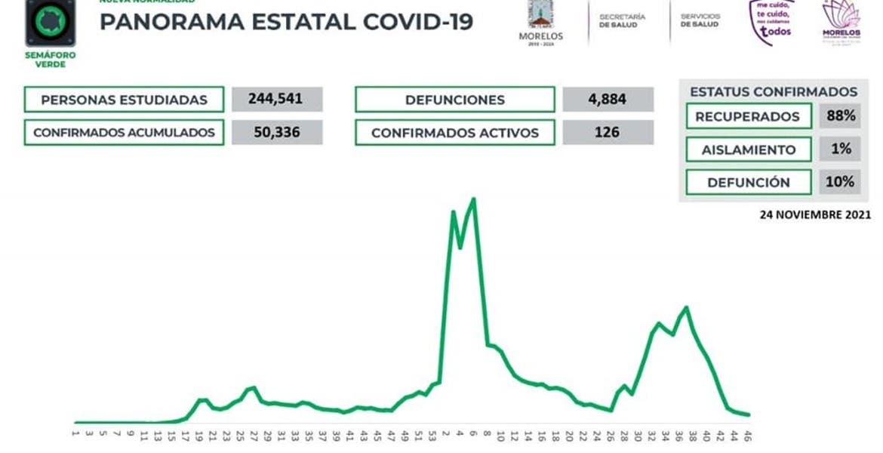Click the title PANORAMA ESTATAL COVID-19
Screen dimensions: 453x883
click(x=286, y=22)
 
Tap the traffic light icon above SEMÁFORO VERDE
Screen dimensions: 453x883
click(x=51, y=22)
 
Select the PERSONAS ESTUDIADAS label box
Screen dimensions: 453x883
click(x=124, y=100)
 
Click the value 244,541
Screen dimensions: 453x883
click(x=277, y=100)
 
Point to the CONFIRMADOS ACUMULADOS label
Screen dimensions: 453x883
click(x=124, y=133)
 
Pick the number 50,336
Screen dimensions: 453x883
click(x=277, y=133)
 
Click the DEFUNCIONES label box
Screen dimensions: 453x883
click(x=454, y=100)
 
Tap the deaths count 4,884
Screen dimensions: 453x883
click(x=608, y=100)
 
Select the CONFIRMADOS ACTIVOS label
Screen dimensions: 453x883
click(x=454, y=133)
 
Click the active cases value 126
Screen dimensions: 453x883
click(x=608, y=133)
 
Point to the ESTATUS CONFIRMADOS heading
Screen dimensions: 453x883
click(x=774, y=91)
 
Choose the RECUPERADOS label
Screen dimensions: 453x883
click(x=747, y=117)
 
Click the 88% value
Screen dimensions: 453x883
click(x=840, y=116)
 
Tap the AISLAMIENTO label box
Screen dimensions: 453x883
click(x=749, y=149)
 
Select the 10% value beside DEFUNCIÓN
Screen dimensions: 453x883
click(x=840, y=182)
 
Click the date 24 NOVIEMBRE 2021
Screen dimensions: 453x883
click(x=815, y=214)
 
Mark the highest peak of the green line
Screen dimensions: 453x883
click(x=473, y=199)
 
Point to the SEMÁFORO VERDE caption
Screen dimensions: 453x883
click(x=51, y=60)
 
